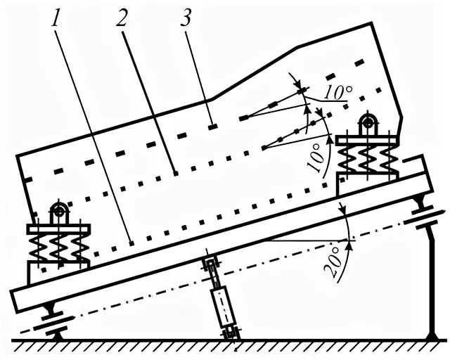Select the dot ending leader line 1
[x=131, y=243]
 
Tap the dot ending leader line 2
[x=175, y=171]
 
